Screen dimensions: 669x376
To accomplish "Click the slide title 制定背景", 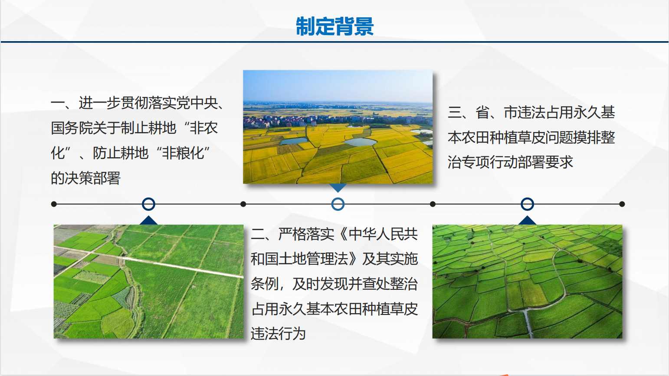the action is point(334,26).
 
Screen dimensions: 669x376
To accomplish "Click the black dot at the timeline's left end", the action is point(54,204).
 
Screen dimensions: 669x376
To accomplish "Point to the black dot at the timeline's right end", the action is point(622,204).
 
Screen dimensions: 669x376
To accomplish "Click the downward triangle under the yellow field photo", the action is point(338,187).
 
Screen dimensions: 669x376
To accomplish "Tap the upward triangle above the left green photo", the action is point(148,220).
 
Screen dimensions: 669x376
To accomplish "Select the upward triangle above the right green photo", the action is point(527,220).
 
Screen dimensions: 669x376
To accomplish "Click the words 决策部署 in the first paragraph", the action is point(92,178).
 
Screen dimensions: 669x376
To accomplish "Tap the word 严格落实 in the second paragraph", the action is point(306,234).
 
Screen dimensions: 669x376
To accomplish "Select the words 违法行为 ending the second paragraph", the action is point(279,334).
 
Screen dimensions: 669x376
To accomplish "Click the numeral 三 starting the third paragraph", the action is point(455,113).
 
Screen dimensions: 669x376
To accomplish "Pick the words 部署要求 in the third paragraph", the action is point(545,162).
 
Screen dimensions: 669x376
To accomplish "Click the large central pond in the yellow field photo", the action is point(360,142).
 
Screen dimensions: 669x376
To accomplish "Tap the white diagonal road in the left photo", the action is point(182,267).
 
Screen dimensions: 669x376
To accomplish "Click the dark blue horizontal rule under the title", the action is point(334,42).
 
